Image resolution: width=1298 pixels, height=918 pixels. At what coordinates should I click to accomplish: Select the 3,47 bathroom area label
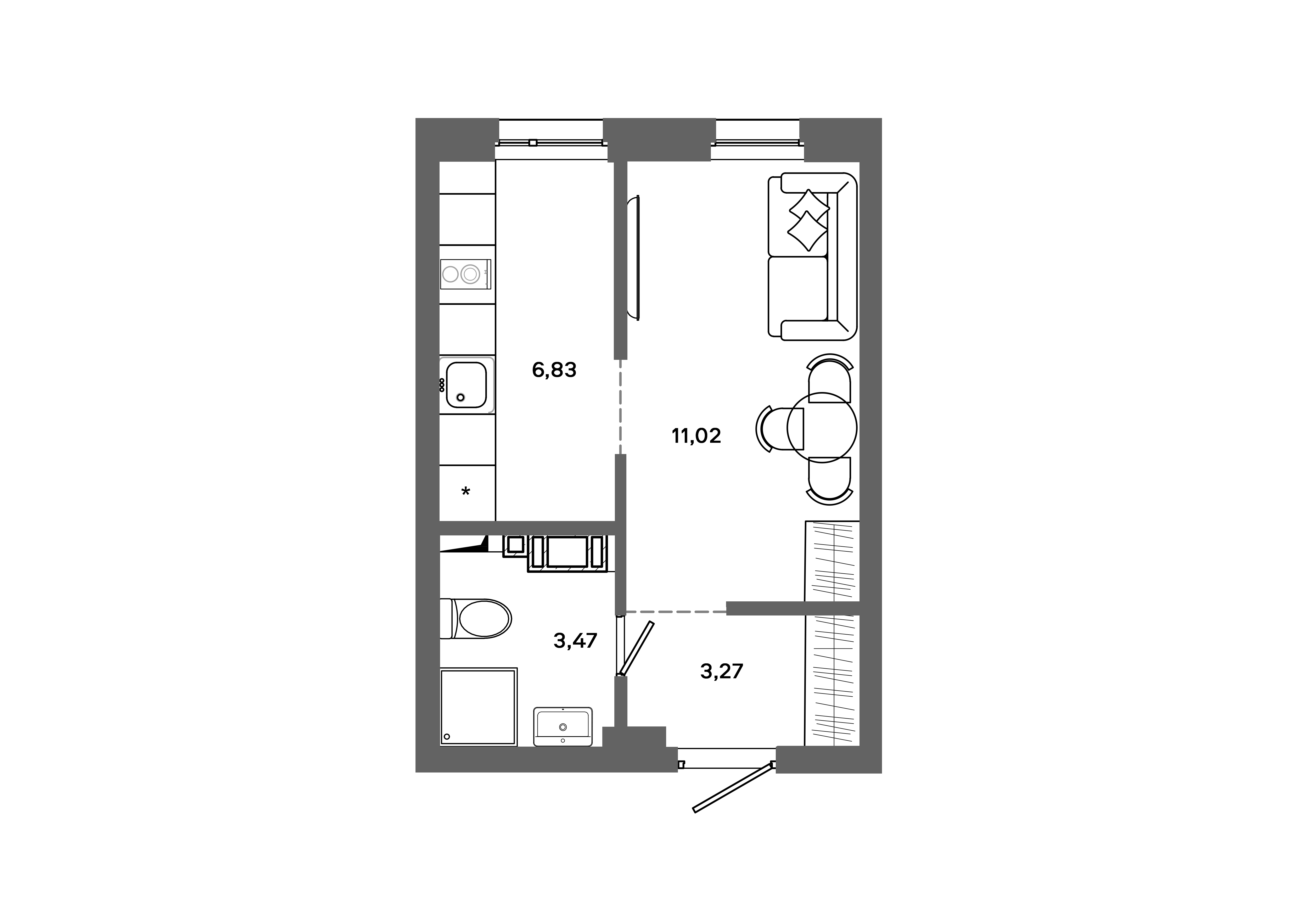[575, 640]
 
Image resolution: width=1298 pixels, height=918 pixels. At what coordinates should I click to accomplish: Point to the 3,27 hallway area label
[721, 671]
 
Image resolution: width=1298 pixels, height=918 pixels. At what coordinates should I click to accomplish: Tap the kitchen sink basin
[467, 385]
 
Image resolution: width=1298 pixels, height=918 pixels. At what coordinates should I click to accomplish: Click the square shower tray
[478, 707]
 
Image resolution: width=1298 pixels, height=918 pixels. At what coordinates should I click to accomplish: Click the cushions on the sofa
[808, 220]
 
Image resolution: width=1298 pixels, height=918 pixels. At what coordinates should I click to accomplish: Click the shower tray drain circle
[447, 737]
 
